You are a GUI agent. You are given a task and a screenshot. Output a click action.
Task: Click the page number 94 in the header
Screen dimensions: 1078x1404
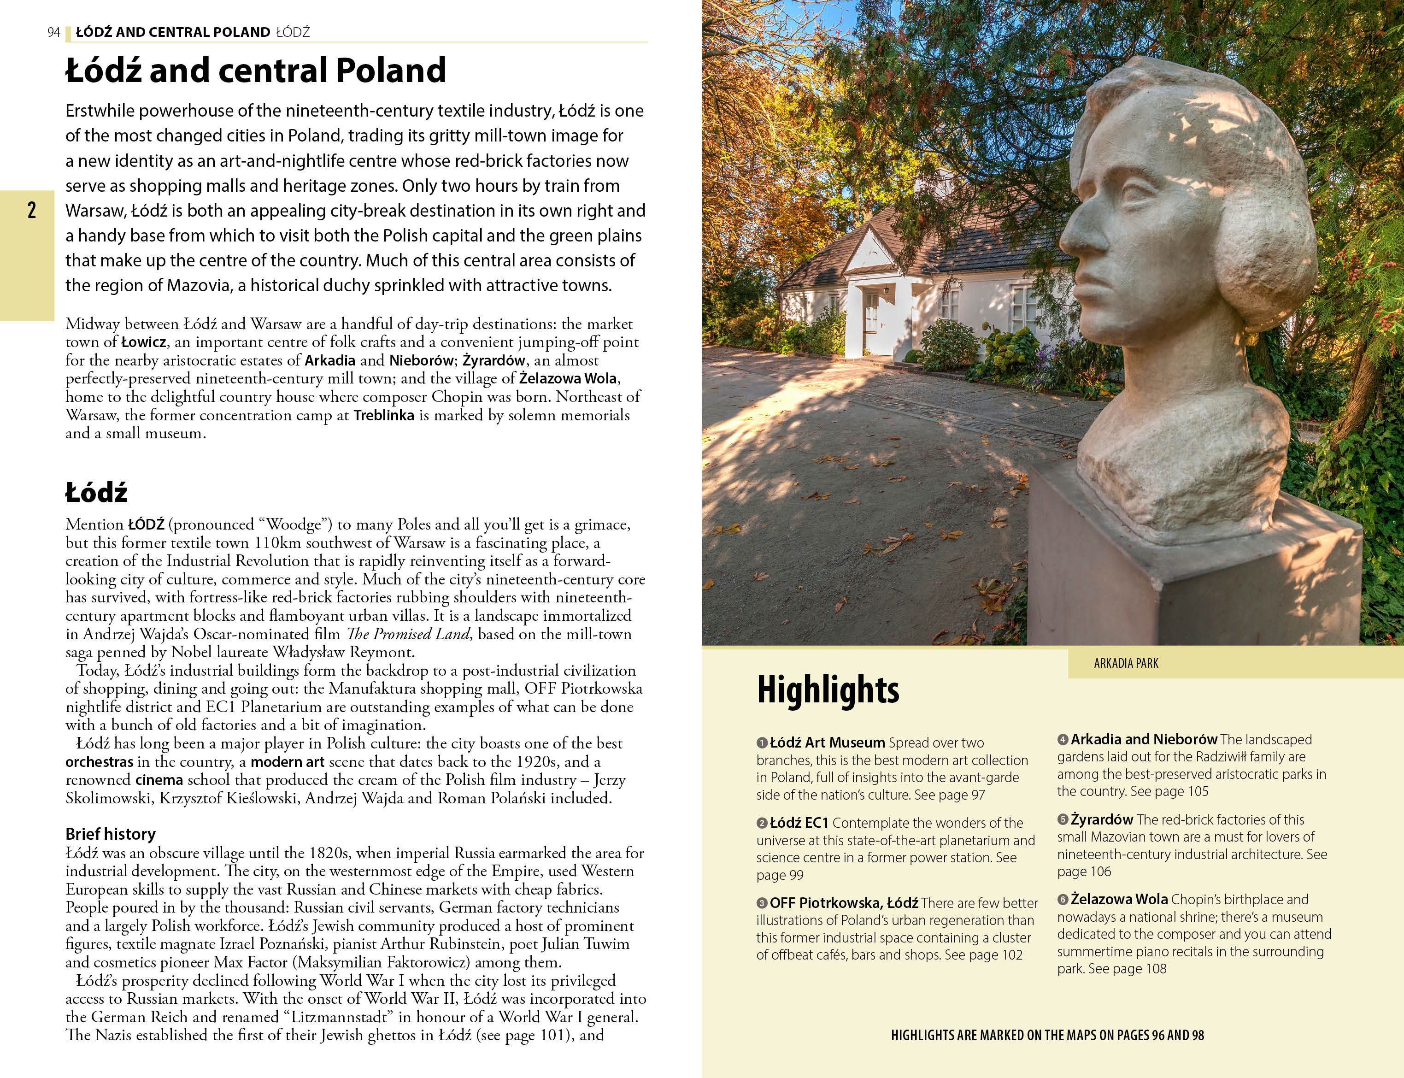(x=53, y=32)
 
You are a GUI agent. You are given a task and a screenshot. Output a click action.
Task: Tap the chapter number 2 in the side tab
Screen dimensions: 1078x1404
(x=31, y=210)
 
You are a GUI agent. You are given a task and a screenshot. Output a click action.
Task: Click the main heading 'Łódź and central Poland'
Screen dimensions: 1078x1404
(x=255, y=70)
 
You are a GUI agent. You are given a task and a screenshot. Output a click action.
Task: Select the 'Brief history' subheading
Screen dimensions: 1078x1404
(x=110, y=834)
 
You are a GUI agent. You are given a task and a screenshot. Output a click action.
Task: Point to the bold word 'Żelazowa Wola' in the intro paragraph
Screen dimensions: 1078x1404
(x=568, y=378)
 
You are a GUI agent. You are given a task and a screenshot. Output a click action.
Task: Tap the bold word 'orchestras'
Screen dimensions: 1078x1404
(x=100, y=762)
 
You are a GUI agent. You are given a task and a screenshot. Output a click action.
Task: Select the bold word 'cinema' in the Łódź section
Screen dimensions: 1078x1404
(x=159, y=780)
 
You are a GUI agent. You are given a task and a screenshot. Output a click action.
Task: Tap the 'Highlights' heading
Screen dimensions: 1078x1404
(x=828, y=690)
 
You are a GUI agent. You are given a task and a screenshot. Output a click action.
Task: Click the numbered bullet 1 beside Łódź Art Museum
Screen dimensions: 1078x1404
(x=762, y=743)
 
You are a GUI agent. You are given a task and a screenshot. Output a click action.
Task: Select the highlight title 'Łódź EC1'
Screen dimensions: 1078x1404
(x=799, y=823)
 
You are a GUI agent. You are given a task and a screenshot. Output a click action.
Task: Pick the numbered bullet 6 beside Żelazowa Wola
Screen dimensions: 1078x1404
(x=1063, y=900)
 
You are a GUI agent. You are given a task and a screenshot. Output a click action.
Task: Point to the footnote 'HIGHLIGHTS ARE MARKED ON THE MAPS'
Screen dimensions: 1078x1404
(x=1047, y=1035)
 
